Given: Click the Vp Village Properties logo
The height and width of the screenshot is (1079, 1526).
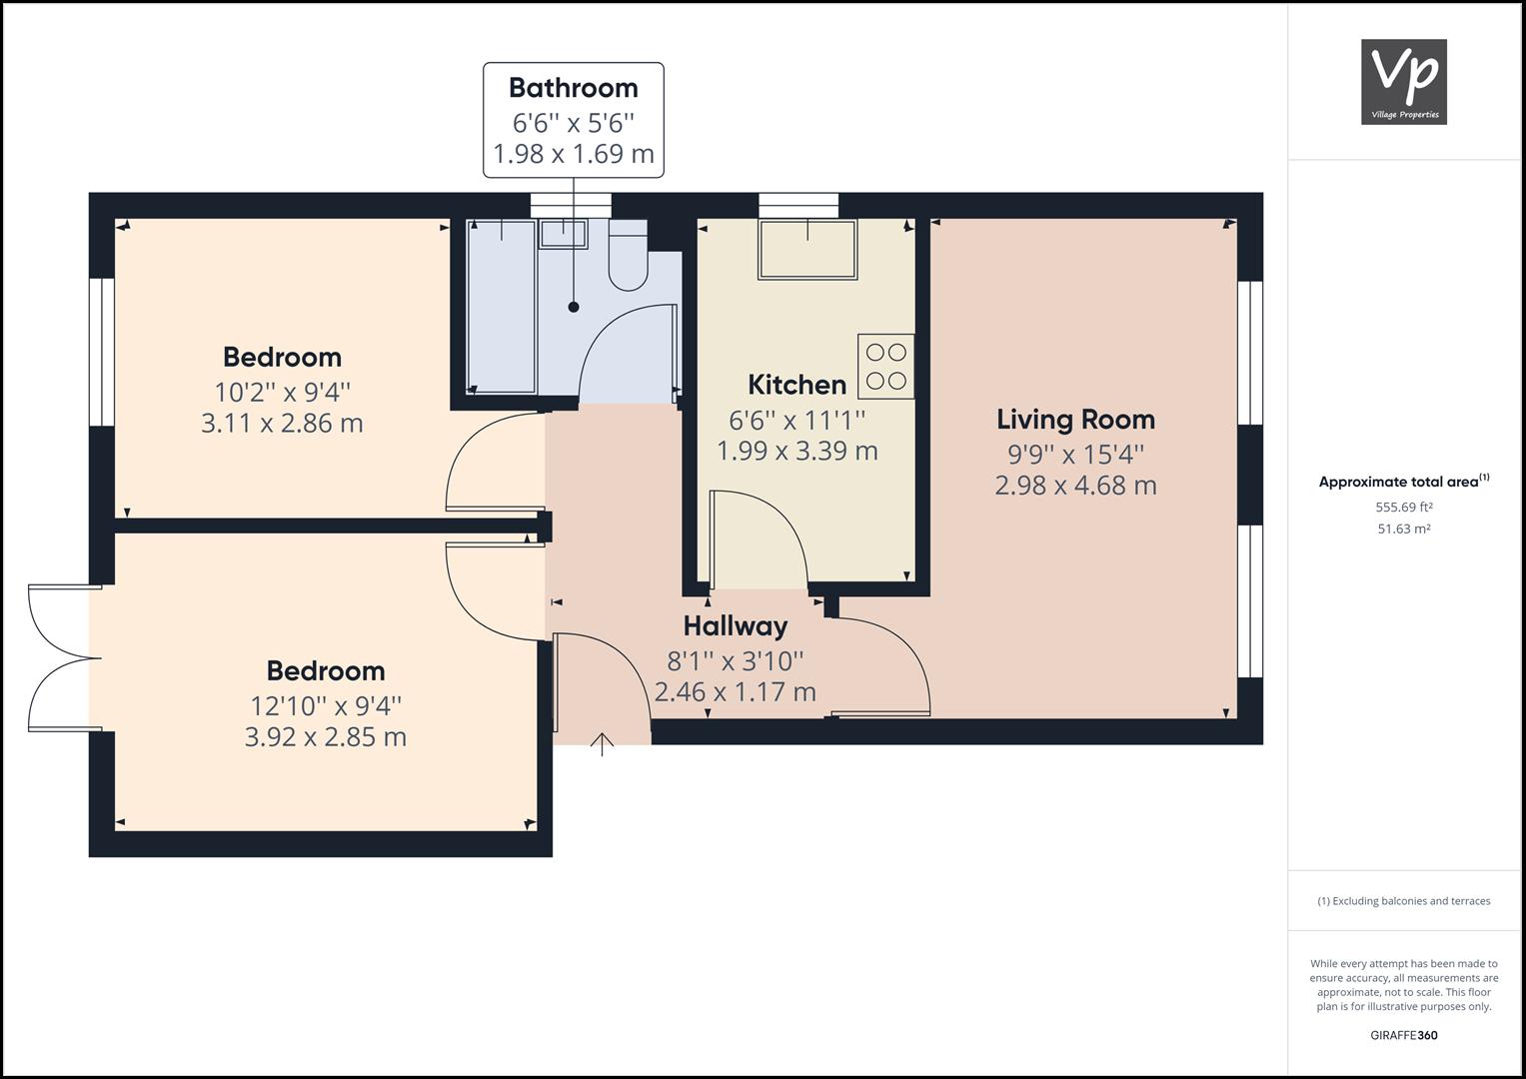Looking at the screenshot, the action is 1404,82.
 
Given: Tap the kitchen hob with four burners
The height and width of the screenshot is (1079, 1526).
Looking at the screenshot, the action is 885,367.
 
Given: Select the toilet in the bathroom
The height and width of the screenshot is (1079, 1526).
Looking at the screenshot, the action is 628,256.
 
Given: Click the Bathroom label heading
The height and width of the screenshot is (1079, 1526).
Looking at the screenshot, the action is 574,88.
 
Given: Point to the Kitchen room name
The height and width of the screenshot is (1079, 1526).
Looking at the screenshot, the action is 797,385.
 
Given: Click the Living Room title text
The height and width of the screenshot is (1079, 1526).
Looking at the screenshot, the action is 1075,420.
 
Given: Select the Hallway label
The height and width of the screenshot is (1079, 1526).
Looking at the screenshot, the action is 736,626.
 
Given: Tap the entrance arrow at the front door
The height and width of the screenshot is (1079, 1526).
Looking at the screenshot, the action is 602,744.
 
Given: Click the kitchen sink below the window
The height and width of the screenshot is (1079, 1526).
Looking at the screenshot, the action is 807,250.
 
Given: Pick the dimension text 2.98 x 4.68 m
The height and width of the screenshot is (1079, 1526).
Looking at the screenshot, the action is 1075,486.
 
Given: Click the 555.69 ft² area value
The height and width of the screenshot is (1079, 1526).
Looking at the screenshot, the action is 1404,507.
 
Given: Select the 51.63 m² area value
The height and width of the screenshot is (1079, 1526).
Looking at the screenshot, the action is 1404,529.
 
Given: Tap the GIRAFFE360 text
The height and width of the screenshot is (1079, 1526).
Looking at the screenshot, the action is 1404,1035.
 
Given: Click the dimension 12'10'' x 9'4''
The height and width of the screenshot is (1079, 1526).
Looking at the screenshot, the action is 326,706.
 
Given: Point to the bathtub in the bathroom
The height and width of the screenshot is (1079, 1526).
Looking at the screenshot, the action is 502,308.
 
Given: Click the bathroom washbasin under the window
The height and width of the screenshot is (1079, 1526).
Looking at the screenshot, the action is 564,234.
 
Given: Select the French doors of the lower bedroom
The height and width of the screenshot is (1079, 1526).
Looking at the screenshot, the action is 65,658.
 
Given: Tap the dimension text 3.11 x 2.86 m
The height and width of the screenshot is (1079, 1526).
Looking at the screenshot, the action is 282,424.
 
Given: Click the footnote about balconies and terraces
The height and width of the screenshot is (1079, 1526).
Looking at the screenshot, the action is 1404,901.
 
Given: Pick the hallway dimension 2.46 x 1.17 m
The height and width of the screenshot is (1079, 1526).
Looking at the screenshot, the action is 736,692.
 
